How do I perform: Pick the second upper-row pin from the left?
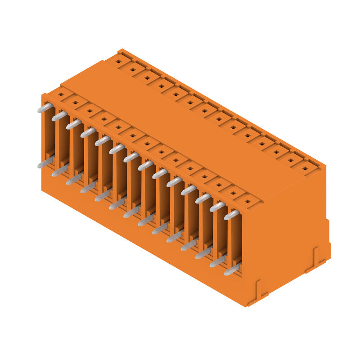59,116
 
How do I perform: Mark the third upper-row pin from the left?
74,124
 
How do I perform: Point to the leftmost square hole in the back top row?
118,61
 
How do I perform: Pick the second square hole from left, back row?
133,69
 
